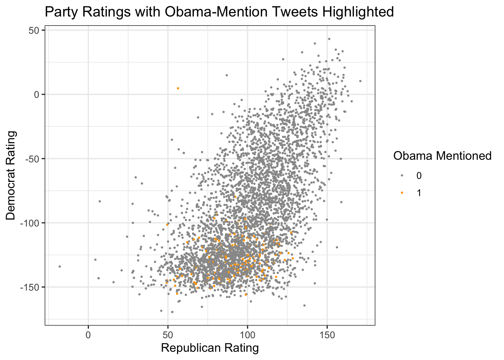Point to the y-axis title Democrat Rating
[11, 175]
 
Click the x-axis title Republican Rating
[210, 348]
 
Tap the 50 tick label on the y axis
[34, 30]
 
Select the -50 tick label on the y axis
[32, 159]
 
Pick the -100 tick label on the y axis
[30, 223]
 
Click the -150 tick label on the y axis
[30, 287]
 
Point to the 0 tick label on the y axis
[36, 94]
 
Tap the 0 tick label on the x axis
[88, 335]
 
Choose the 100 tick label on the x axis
[247, 335]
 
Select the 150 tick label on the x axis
[327, 335]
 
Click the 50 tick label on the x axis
[168, 335]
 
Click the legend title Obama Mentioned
[442, 156]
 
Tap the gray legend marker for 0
[402, 175]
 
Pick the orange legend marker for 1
[402, 193]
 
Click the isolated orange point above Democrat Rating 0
[178, 88]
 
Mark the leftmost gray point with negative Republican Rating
[60, 267]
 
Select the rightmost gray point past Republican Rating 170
[360, 81]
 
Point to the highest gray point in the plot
[329, 39]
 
